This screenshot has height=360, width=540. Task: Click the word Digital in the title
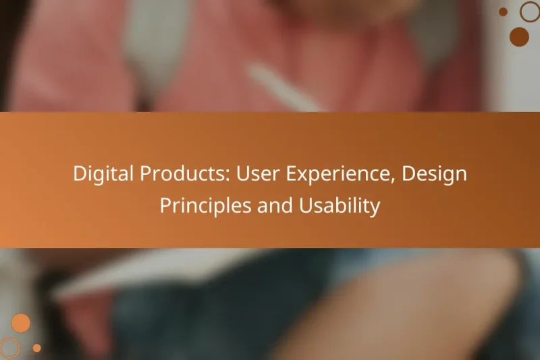coord(103,174)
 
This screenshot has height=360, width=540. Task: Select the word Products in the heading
coord(175,174)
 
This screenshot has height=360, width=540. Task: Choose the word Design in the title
coord(435,174)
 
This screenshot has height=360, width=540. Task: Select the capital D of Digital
coord(79,174)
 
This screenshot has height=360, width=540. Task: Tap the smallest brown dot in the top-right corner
coord(503,11)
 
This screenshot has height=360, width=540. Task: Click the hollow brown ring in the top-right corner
coord(530,11)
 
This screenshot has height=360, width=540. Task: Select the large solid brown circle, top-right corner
coord(519,36)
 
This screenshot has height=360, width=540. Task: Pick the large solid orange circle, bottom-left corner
coord(21,323)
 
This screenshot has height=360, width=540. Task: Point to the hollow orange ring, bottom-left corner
coord(9,347)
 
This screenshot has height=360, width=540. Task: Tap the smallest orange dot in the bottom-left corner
coord(37,348)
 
